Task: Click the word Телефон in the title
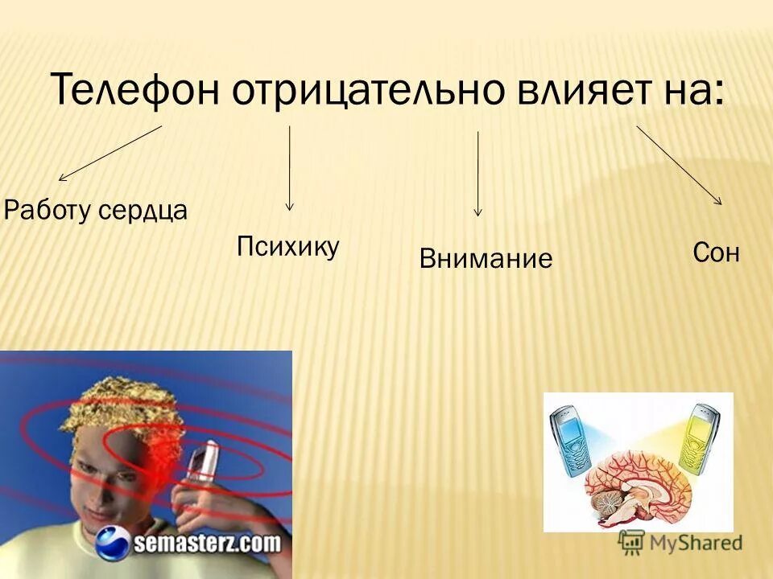tap(135, 89)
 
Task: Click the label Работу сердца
tap(96, 211)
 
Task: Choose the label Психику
tap(288, 246)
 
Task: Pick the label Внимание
tap(486, 259)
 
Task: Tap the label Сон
tap(715, 253)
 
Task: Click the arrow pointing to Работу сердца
tap(110, 153)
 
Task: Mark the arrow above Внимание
tap(478, 174)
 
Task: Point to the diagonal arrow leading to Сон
tap(679, 166)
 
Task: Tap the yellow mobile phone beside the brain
tap(701, 438)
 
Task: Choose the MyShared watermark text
tap(690, 543)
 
